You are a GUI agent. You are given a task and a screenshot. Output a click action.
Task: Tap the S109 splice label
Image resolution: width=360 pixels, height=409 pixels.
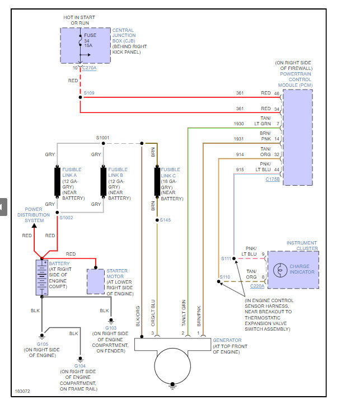click(x=89, y=92)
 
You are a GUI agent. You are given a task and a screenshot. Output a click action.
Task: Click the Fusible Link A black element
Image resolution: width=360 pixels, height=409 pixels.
click(x=57, y=181)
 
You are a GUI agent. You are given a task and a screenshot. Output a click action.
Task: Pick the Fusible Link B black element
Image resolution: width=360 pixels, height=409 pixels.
click(x=103, y=181)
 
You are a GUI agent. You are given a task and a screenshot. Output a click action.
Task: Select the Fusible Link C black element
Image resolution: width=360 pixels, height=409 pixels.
click(x=157, y=181)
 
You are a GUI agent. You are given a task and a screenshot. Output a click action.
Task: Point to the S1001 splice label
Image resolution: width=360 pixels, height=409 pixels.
click(x=103, y=137)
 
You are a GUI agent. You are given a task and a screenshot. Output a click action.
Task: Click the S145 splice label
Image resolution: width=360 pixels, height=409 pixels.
click(x=165, y=220)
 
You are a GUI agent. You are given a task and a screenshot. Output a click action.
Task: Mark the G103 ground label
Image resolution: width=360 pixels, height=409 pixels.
click(x=111, y=328)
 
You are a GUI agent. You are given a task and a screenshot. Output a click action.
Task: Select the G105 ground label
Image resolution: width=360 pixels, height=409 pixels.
click(x=42, y=344)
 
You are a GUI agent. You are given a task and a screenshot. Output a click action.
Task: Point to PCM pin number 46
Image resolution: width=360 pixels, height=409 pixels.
click(x=276, y=93)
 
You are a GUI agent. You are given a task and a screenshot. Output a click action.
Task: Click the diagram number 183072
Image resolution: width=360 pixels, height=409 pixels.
click(x=22, y=391)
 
